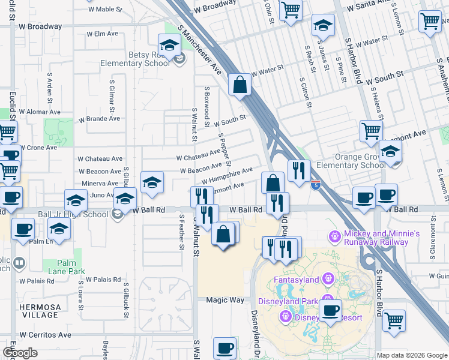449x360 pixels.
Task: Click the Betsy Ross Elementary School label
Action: (140, 63)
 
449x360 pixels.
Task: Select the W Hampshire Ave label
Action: (227, 176)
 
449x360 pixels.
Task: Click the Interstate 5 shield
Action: (316, 185)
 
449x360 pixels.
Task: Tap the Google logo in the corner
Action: (19, 353)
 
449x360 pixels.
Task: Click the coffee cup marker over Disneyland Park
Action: (330, 310)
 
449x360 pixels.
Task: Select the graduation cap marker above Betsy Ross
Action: (169, 45)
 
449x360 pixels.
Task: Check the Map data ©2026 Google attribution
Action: (412, 355)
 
